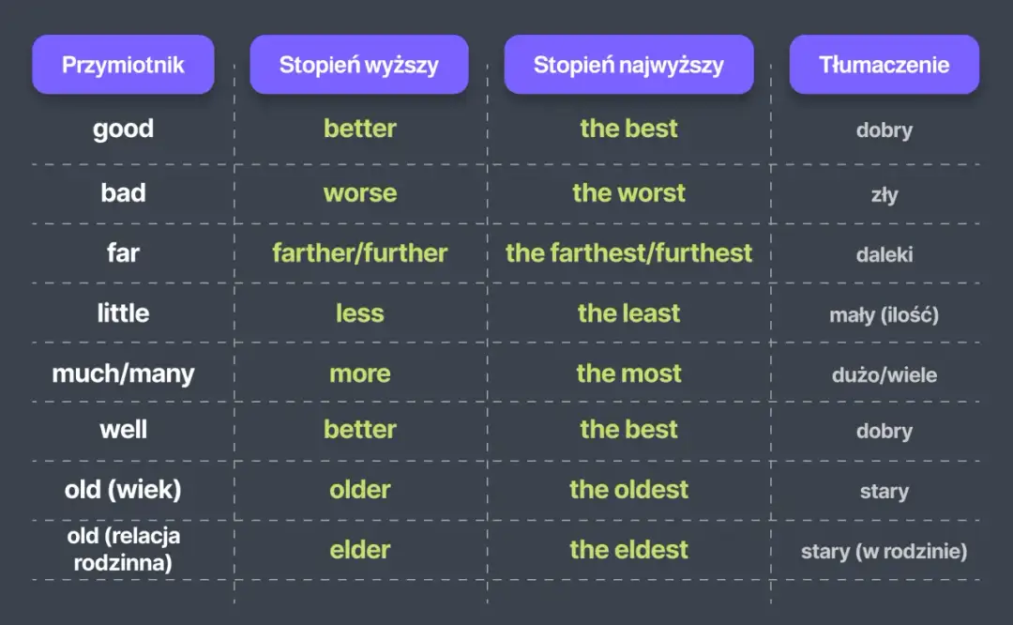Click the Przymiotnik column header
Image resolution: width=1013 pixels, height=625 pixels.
coord(123,65)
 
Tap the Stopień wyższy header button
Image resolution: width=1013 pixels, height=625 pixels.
coord(359,65)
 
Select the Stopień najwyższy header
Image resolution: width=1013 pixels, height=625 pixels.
coord(628,65)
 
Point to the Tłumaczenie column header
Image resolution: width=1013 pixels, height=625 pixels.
coord(884,65)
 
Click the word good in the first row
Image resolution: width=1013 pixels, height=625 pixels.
coord(124,130)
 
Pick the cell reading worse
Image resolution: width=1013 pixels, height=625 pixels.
coord(360,192)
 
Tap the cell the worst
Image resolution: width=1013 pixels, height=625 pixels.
coord(628,192)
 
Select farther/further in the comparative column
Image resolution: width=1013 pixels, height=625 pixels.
coord(360,252)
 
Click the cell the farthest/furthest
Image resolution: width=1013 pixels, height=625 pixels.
coord(628,252)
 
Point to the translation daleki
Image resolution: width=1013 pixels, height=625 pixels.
coord(884,254)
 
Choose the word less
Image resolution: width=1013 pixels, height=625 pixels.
coord(360,313)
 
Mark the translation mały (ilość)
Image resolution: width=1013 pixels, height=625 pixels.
coord(884,314)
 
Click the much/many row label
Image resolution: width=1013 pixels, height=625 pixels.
coord(124,373)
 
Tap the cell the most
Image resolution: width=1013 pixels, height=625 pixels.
coord(628,373)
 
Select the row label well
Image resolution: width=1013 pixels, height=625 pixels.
coord(124,429)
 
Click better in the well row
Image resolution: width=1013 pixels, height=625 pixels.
coord(360,429)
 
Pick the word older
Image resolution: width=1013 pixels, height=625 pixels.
coord(360,489)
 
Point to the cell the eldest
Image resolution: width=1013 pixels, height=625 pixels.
coord(628,549)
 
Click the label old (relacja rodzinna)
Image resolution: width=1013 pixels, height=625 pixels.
coord(124,549)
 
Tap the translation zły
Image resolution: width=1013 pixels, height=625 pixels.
coord(884,194)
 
